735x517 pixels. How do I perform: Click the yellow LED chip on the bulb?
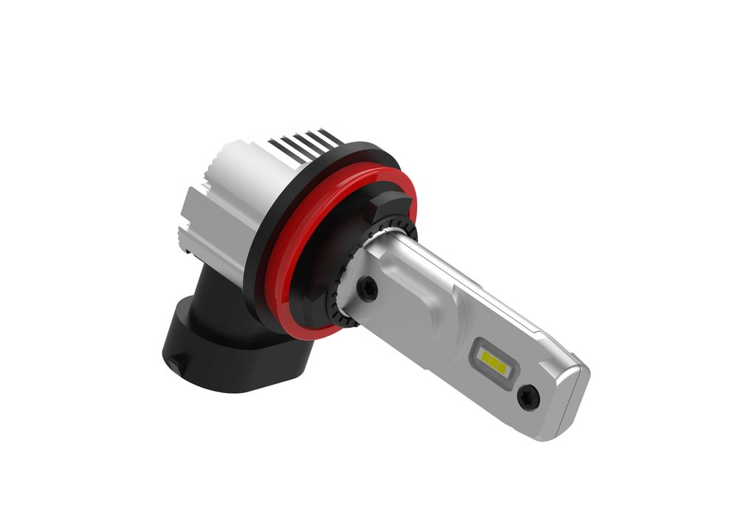click(x=493, y=360)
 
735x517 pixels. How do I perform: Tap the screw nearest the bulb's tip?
click(x=528, y=397)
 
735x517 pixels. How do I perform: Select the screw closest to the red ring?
click(x=367, y=289)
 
